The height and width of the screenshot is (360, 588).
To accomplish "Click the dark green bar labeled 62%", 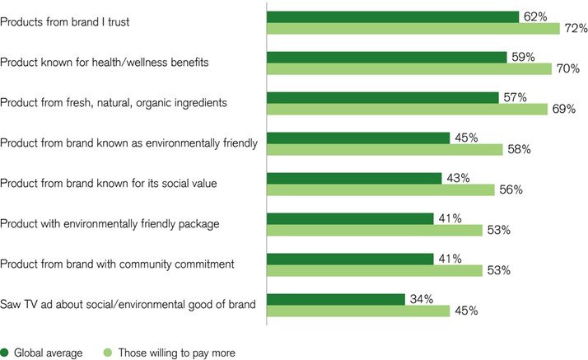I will [x=393, y=16].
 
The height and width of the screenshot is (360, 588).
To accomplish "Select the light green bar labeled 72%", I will [x=413, y=29].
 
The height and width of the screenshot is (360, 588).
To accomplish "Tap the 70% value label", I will [x=568, y=69].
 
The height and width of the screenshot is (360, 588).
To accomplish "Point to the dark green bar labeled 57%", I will [x=385, y=97].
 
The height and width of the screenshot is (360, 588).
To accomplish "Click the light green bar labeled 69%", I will [x=408, y=110].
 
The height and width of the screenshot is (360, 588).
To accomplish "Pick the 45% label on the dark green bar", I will [x=467, y=137].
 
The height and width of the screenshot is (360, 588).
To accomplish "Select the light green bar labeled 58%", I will [x=385, y=150].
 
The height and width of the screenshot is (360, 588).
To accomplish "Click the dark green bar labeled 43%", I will [x=355, y=178].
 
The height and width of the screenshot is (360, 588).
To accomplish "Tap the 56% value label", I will [x=511, y=190].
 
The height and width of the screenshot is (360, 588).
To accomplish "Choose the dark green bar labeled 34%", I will [x=336, y=299].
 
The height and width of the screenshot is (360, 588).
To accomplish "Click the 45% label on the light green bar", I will [x=465, y=311].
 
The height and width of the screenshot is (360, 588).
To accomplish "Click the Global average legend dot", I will [x=5, y=353].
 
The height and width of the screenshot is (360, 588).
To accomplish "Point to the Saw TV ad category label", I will [x=127, y=305].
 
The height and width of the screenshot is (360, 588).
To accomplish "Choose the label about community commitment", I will [x=118, y=264].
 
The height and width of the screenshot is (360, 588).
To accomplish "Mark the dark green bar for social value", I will [x=355, y=178].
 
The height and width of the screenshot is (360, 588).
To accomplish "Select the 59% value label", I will [x=523, y=57].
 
